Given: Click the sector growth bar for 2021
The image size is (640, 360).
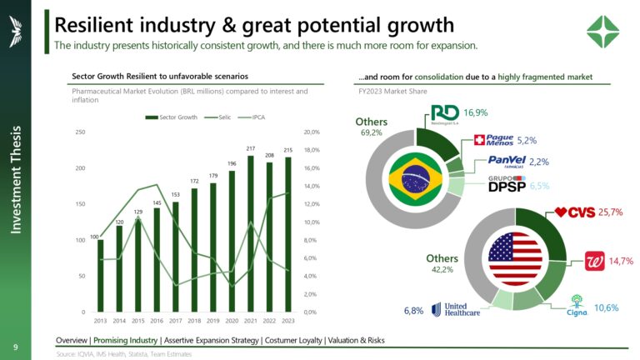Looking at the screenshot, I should tap(250, 233).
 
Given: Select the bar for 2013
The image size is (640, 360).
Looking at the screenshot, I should tap(101, 275).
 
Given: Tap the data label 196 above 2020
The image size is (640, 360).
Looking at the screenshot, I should tap(232, 163).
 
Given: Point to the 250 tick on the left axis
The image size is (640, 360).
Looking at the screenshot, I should tap(81, 132).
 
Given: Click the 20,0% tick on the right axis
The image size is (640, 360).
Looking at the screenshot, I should tap(312, 132).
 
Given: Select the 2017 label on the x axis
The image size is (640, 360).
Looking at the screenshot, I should tap(175, 320).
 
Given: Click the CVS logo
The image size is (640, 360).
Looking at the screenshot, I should tap(575, 212).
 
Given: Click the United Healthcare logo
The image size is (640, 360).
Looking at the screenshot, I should tap(457, 309).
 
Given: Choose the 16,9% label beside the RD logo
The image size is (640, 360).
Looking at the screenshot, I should tap(476, 112).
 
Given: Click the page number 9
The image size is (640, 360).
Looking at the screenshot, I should tap(15, 346).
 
